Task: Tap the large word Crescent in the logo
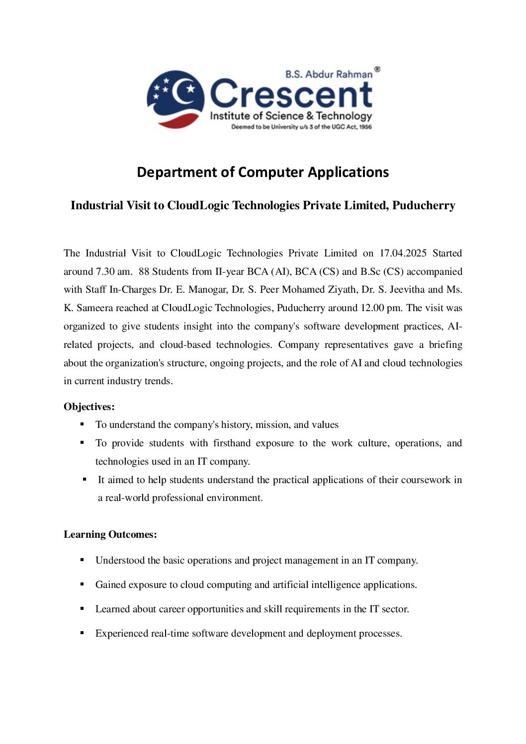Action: [x=291, y=94]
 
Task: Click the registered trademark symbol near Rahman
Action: [x=377, y=70]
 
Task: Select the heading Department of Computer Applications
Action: [x=263, y=172]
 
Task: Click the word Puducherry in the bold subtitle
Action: [x=424, y=205]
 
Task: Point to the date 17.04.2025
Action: [x=403, y=253]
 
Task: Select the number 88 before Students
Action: [x=144, y=271]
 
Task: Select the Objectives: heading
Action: [x=89, y=407]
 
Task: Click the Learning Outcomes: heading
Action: [x=110, y=534]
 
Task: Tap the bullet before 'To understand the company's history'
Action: [x=82, y=424]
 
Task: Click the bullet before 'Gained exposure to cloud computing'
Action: [x=82, y=584]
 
